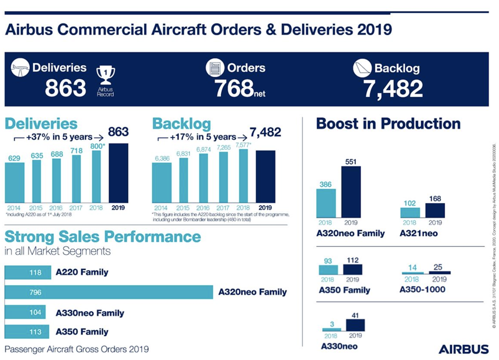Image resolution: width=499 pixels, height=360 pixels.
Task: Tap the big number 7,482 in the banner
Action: tap(393, 88)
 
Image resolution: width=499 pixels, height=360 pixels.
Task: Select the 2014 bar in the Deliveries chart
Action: tap(15, 182)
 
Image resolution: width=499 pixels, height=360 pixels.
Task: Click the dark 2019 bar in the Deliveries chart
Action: tap(118, 173)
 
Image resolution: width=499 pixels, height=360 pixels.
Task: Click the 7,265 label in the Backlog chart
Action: tap(223, 147)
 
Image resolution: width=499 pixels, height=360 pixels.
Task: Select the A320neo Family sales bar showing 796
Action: tap(108, 292)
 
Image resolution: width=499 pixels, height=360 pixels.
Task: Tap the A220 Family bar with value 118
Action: tap(28, 273)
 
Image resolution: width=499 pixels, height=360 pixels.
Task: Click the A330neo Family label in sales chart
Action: tap(89, 313)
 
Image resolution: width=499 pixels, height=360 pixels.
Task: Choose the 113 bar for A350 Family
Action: tap(27, 332)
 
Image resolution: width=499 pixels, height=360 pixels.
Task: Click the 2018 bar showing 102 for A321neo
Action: tap(410, 213)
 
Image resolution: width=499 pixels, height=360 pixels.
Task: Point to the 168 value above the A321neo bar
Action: tap(435, 199)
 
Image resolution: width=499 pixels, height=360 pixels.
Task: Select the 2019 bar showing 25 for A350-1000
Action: tap(439, 273)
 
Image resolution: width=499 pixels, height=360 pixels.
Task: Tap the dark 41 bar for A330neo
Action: tap(355, 325)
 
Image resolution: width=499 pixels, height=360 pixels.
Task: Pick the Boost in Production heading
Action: tap(388, 124)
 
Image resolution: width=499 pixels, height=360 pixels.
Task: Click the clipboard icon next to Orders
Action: tap(215, 68)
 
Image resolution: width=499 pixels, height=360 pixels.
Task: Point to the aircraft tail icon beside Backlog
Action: tap(362, 68)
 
